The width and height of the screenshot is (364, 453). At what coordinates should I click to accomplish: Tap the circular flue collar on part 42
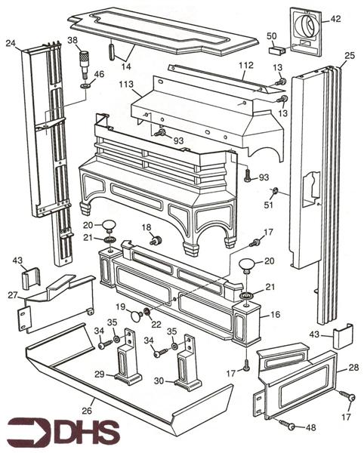(x=308, y=27)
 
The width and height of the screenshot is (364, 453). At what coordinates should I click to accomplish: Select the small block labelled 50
(x=276, y=49)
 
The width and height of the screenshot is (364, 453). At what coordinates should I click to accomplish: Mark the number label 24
(x=11, y=43)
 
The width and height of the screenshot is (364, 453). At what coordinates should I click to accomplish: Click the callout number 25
(x=349, y=56)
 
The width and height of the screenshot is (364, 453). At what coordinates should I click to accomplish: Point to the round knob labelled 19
(x=135, y=315)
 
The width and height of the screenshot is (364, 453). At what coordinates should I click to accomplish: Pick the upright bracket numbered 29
(x=127, y=369)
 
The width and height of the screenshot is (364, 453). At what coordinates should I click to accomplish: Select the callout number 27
(x=13, y=295)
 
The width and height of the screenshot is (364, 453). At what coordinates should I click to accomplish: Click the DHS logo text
(x=83, y=433)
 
